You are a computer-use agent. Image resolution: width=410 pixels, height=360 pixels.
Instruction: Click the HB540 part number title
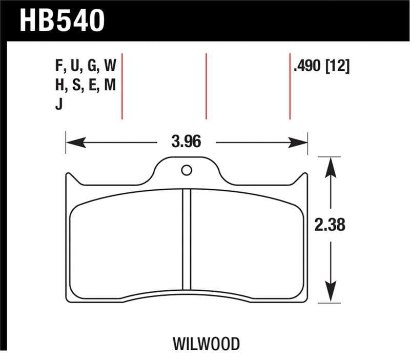pos(61,21)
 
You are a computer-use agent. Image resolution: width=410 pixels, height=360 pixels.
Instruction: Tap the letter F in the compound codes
pos(57,67)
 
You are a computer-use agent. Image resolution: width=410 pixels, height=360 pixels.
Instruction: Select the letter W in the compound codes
pos(110,67)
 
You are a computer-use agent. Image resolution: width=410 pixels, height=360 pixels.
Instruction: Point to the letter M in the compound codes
pos(109,86)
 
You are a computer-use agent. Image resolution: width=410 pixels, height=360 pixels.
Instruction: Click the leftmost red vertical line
pos(122,86)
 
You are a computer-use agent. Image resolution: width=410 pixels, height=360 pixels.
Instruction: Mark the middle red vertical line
pos(206,86)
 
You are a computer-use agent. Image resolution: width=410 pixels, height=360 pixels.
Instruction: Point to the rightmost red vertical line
pos(290,86)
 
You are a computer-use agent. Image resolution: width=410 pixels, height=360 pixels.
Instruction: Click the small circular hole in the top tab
pos(187,170)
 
